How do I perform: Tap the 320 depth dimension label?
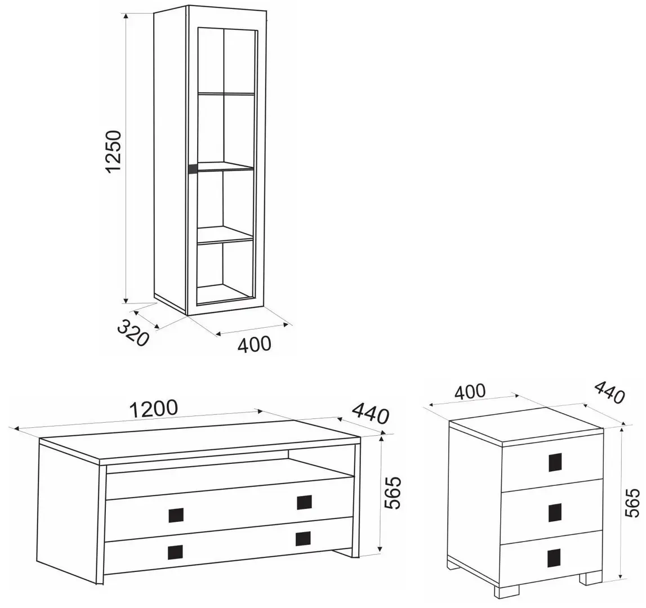click(x=133, y=333)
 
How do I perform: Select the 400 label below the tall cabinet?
click(x=255, y=345)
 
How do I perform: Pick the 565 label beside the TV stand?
click(x=392, y=493)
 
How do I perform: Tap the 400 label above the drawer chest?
click(x=470, y=391)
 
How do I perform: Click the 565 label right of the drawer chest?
click(x=632, y=503)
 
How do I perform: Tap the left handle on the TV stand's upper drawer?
click(x=176, y=515)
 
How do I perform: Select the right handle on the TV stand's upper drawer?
click(x=304, y=502)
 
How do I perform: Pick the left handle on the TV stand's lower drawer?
click(x=175, y=552)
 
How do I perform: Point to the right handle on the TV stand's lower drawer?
click(x=303, y=538)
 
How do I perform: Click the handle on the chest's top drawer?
click(x=555, y=462)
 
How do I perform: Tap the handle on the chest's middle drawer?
click(x=555, y=512)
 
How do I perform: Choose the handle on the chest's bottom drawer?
click(x=555, y=558)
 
